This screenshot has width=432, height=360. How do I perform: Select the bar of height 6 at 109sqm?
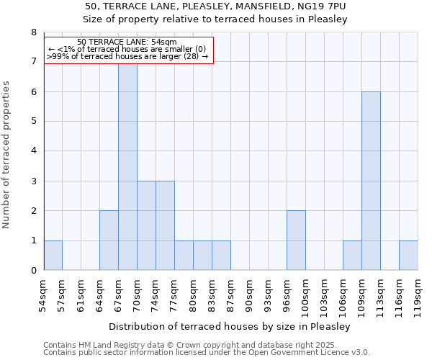coord(371,181)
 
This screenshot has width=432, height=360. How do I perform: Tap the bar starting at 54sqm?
coord(53,255)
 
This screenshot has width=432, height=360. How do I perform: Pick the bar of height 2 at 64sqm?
coord(109,240)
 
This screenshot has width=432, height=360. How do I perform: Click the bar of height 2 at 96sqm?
coord(296,240)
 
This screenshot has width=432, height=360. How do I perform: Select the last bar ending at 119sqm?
coord(408,255)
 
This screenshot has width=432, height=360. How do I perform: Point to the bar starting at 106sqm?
coord(352,255)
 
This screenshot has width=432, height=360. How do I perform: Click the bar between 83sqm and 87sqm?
coord(221,255)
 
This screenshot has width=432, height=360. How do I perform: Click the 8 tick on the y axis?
coord(33,32)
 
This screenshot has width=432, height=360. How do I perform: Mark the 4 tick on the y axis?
coord(33,151)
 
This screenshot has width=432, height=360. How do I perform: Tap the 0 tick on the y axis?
coord(33,270)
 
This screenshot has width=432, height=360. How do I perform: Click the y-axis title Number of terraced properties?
coord(7,154)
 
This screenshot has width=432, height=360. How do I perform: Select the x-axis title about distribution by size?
coord(230,326)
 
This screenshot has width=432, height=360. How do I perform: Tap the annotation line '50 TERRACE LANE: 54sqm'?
coord(127,42)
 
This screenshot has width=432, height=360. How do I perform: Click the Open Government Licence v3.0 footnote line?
coord(206,352)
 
